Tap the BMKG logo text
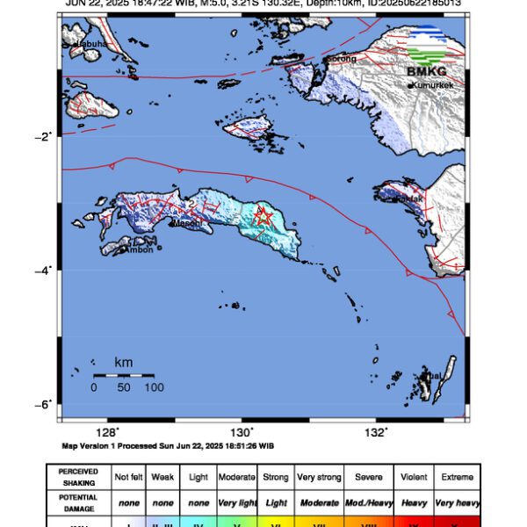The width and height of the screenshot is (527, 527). (426, 71)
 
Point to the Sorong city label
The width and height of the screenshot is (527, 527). (342, 59)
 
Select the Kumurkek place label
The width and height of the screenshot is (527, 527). (432, 85)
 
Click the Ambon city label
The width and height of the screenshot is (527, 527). (141, 249)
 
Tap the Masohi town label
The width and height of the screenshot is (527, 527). (186, 223)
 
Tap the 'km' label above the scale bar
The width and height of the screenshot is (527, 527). (124, 362)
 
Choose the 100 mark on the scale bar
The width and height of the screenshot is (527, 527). (154, 387)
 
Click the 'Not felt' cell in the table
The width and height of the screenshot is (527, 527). (129, 477)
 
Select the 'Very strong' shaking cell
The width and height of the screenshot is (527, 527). (318, 477)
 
